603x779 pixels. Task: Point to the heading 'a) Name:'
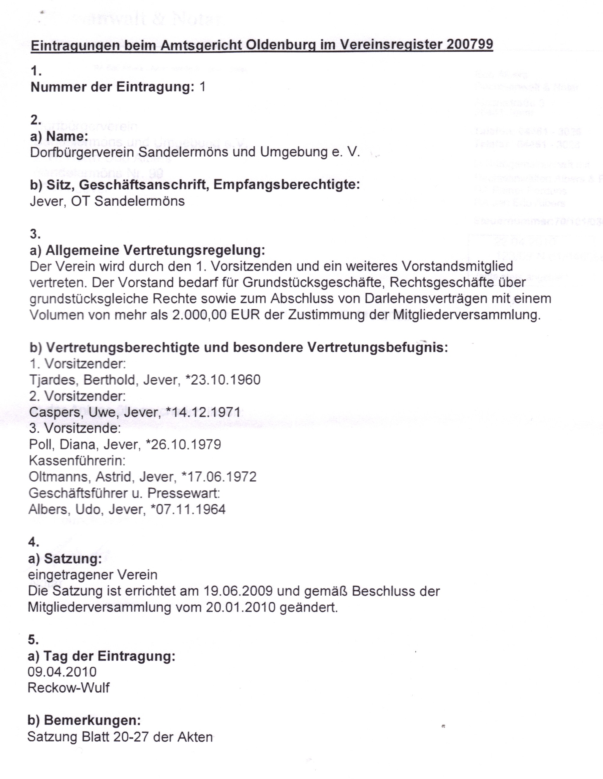coord(59,136)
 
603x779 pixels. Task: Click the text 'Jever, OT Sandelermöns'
coord(107,201)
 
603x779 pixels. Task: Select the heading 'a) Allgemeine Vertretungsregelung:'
coord(148,250)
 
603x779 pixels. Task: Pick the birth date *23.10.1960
coord(223,380)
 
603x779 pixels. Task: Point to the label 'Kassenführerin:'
coord(77,460)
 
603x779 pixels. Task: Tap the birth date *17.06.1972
coord(219,477)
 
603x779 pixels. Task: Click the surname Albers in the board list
coord(48,509)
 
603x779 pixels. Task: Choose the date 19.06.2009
coord(238,591)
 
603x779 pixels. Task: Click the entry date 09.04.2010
coord(62,672)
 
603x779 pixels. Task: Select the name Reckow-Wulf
coord(68,688)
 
